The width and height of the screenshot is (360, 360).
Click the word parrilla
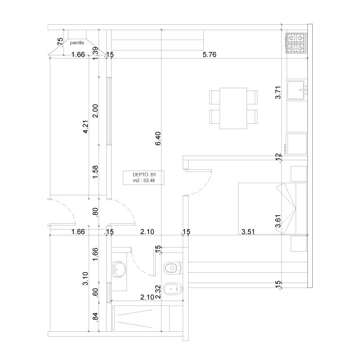[x=77, y=43]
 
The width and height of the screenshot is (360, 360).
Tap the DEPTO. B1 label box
[x=144, y=178]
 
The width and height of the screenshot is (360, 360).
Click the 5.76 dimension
[x=209, y=54]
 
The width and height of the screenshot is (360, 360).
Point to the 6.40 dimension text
[x=158, y=139]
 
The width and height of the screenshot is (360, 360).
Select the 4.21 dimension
[x=85, y=127]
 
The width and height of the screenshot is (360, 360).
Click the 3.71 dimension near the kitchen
[x=278, y=92]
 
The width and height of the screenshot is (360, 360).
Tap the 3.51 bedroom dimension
[x=248, y=232]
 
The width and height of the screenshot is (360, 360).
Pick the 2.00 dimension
[x=95, y=111]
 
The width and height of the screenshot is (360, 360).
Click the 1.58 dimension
[x=95, y=172]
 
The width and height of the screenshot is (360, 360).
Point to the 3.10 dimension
[x=85, y=279]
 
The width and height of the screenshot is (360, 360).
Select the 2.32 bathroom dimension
[x=158, y=292]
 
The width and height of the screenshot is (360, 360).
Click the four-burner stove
[x=296, y=43]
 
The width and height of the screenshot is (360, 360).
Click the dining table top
[x=233, y=108]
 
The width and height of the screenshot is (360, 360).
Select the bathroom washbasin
[x=118, y=269]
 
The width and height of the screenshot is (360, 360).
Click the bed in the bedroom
[x=272, y=208]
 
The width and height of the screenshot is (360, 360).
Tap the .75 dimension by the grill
[x=60, y=42]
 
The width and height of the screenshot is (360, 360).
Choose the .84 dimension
[x=95, y=317]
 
